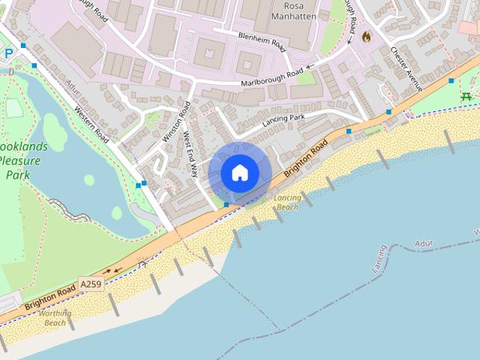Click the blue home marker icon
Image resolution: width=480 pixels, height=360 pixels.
tap(239, 172)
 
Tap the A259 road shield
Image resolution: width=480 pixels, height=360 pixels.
tap(90, 283)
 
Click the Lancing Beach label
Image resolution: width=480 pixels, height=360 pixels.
tap(287, 202)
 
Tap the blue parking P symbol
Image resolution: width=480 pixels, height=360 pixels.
tap(9, 53)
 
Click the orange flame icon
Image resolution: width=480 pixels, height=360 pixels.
tap(366, 36)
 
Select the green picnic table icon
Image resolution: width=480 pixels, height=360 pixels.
tap(466, 96)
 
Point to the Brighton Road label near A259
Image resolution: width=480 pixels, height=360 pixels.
tap(49, 298)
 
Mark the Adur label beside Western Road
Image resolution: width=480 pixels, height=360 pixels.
tap(71, 88)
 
